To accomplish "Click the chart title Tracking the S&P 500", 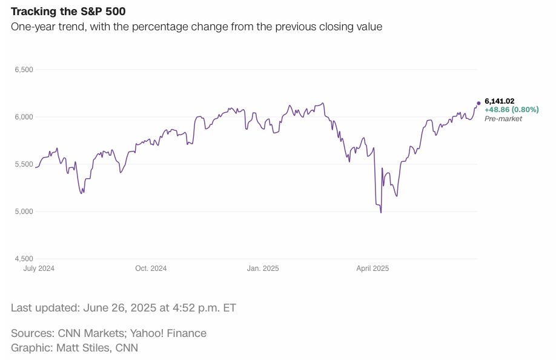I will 68,12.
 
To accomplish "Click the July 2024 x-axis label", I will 39,268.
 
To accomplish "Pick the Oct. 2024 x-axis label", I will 151,268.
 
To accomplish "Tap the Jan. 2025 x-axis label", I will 263,268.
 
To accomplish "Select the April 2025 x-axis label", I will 372,268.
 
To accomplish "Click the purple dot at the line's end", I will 478,103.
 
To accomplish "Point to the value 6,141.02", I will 500,101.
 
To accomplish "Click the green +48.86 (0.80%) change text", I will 512,110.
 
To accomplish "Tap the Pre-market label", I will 503,119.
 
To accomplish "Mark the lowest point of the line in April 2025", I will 380,213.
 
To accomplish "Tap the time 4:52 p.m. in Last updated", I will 196,308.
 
